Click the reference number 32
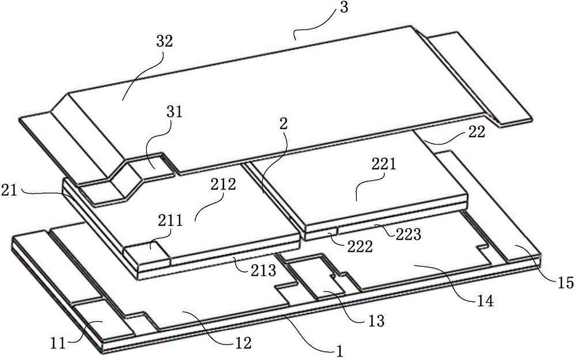tap(164, 41)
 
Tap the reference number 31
tap(175, 112)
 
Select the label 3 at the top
tap(343, 7)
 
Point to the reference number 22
tap(477, 132)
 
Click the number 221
tap(384, 164)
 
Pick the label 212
tap(223, 184)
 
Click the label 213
tap(263, 270)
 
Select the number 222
tap(361, 247)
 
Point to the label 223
tap(409, 234)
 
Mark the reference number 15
tap(566, 283)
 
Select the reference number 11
tap(58, 343)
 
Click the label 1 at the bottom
tap(340, 351)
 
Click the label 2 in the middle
tap(283, 124)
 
